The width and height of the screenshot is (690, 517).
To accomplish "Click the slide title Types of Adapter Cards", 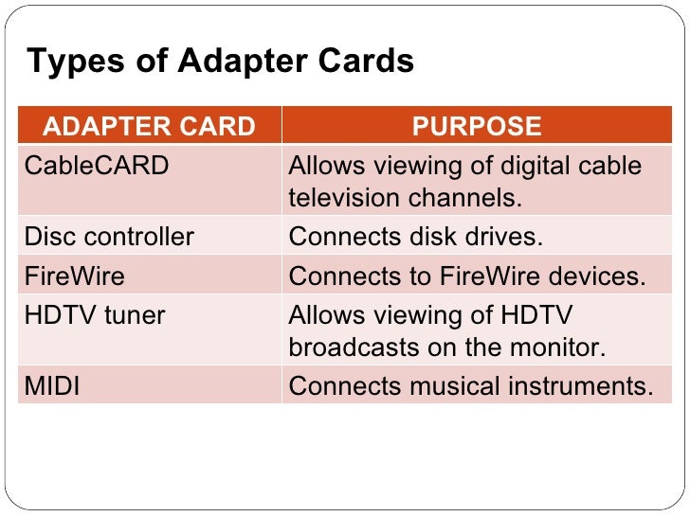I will coord(220,62).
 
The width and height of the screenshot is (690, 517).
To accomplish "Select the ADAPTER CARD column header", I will coord(150,126).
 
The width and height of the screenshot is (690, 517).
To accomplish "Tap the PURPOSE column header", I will coord(477,126).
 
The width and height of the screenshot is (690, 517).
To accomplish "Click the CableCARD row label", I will coord(97,166).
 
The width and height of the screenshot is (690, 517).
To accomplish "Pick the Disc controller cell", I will coord(109,236).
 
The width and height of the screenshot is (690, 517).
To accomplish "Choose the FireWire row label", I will coord(74,276).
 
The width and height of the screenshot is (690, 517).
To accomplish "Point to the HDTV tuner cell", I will coord(95,315).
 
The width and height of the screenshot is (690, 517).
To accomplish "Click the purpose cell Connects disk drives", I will coord(416,236).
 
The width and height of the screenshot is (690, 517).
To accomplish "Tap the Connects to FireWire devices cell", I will coord(466,276).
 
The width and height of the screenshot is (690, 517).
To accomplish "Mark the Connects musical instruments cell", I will coord(471,386).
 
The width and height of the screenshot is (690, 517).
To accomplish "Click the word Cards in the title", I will coord(372,62).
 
